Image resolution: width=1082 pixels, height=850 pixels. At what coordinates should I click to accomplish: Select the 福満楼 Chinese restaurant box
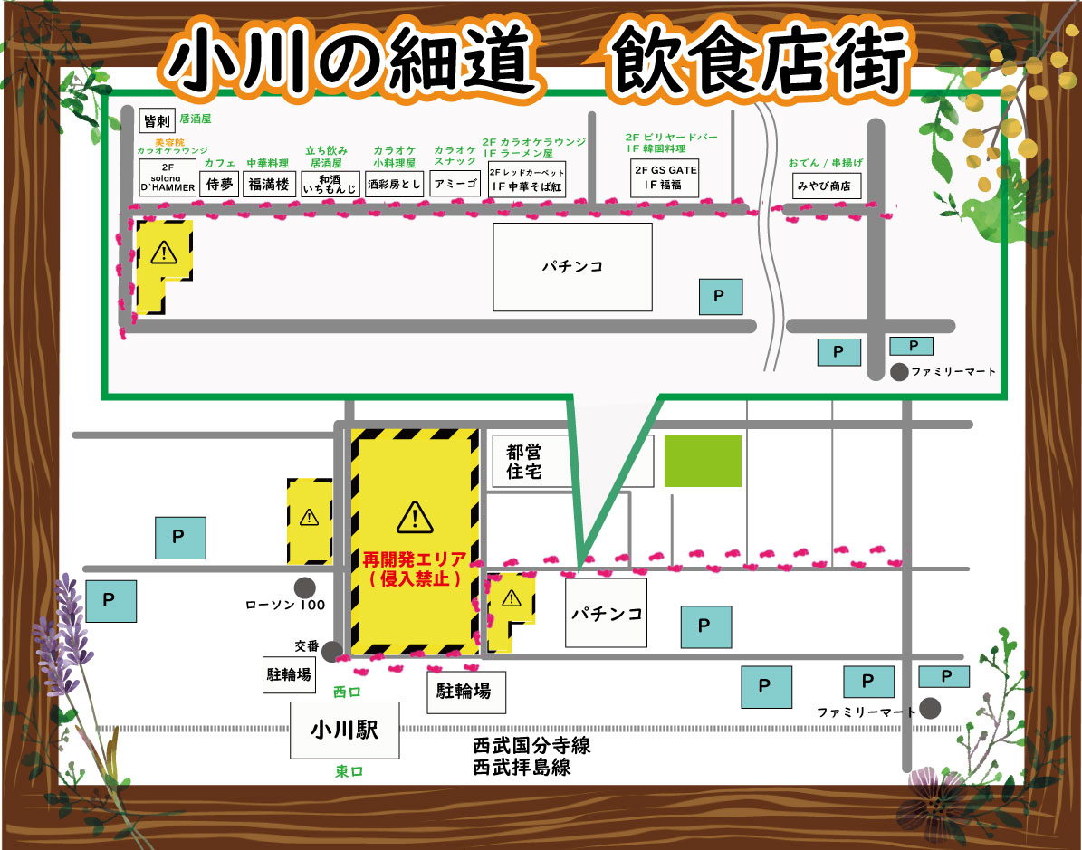[x=268, y=184]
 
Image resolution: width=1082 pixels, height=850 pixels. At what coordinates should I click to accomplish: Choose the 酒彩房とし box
[x=394, y=184]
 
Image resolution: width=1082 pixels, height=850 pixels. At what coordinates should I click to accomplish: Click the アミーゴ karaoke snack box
[x=455, y=184]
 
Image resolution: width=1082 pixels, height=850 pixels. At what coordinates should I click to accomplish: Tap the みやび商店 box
[x=824, y=186]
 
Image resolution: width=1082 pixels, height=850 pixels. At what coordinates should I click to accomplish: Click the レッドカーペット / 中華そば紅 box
[x=527, y=179]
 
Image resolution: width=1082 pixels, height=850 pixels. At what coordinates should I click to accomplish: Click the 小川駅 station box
[x=344, y=730]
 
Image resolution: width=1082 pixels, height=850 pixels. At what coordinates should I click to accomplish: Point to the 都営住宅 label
[x=525, y=461]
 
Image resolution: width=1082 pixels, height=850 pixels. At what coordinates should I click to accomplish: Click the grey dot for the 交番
[x=332, y=651]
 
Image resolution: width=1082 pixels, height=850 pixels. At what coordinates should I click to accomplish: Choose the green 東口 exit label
[x=349, y=771]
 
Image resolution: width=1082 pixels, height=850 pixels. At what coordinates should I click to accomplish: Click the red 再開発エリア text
[x=414, y=559]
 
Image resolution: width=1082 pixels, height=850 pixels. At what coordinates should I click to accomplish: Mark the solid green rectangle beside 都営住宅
[x=703, y=461]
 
